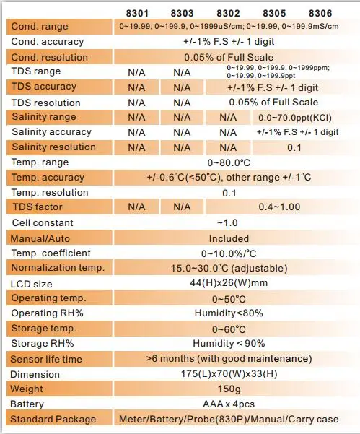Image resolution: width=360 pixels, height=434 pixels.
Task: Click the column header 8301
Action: [137, 13]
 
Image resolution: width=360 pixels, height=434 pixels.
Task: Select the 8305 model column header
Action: [274, 13]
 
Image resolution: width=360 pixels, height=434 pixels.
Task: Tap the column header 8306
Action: [320, 13]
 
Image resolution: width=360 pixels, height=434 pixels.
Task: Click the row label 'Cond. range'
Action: [40, 27]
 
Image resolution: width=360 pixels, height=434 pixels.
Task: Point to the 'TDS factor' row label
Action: [38, 207]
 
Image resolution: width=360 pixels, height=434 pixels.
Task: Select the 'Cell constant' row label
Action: [43, 223]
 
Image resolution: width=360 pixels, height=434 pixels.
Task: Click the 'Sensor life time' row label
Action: [46, 360]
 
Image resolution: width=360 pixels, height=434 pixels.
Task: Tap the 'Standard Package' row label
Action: [53, 420]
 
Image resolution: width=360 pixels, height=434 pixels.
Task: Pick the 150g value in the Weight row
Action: [229, 389]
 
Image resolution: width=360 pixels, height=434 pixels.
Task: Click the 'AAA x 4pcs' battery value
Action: [229, 404]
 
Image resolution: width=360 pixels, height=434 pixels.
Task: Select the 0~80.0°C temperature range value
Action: [229, 162]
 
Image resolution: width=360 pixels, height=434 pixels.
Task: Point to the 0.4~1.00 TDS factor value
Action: [279, 207]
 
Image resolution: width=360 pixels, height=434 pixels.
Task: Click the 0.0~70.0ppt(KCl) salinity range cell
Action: [295, 118]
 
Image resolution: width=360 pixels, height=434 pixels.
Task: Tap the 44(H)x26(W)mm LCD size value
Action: [229, 283]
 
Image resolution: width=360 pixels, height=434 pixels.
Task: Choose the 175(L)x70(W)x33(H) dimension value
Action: [229, 374]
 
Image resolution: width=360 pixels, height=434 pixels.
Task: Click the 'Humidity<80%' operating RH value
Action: [229, 313]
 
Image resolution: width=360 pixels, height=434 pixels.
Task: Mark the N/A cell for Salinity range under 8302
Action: [228, 118]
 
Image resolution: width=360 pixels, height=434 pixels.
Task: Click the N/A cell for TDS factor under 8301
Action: [136, 207]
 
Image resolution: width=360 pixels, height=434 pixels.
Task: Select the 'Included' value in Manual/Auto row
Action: [229, 238]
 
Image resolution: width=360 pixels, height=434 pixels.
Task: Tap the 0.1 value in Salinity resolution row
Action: [294, 147]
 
